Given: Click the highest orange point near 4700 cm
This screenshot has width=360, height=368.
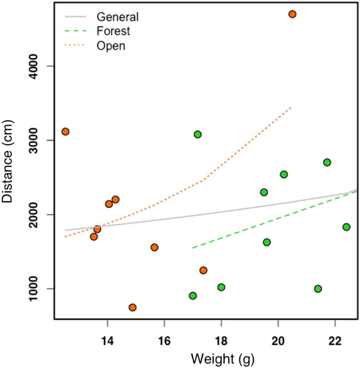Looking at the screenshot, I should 292,14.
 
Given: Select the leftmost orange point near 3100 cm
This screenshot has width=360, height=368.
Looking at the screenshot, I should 65,131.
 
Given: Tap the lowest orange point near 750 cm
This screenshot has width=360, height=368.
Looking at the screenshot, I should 133,307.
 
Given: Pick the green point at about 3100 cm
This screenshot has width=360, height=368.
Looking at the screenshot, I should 198,134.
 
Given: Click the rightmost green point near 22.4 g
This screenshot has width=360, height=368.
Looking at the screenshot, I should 346,227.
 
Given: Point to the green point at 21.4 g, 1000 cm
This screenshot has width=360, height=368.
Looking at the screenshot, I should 318,289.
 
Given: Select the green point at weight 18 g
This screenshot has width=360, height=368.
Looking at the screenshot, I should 221,287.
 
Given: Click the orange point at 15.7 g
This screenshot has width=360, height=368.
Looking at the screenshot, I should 154,247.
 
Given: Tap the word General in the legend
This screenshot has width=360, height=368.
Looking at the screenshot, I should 117,17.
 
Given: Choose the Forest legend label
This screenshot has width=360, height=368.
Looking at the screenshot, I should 113,31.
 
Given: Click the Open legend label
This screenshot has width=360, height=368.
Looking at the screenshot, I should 111,46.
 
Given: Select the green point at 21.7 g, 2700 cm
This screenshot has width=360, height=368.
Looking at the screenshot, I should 327,162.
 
